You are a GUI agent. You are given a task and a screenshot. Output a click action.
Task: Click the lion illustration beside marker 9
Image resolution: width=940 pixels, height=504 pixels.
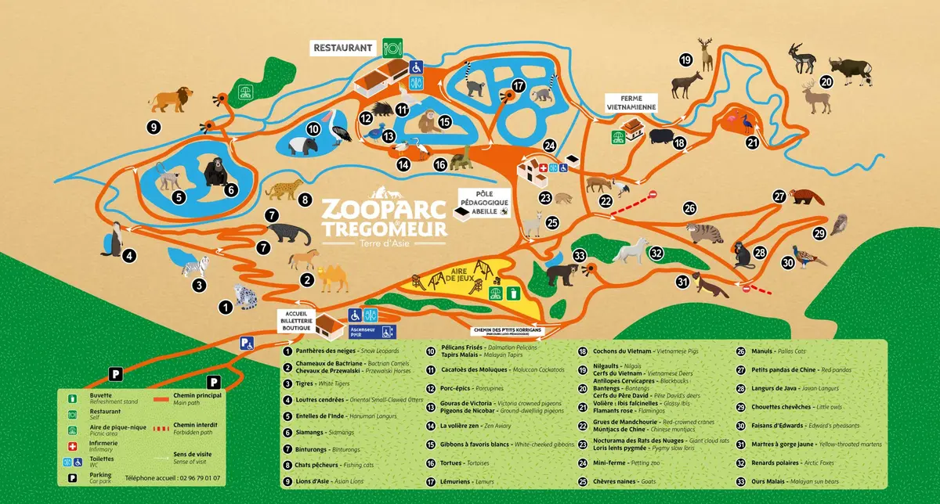pyautogui.click(x=171, y=99)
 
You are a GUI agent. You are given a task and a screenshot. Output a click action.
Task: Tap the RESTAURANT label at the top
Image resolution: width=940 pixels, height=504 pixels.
pyautogui.click(x=342, y=48)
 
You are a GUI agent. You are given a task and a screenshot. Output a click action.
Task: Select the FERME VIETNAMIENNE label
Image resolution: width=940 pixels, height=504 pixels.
pyautogui.click(x=631, y=102)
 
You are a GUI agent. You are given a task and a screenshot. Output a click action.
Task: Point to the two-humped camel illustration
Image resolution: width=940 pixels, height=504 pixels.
pyautogui.click(x=331, y=278)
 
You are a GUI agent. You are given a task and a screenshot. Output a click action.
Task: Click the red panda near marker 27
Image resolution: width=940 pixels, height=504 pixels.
pyautogui.click(x=806, y=196)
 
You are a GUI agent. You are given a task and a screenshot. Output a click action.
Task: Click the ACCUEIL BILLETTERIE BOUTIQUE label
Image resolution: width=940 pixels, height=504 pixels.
pyautogui.click(x=300, y=319)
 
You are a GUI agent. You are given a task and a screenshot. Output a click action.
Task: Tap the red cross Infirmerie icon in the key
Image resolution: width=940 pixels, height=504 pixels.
pyautogui.click(x=72, y=445)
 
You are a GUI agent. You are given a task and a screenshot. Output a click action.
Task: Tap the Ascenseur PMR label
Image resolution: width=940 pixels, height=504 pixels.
pyautogui.click(x=361, y=332)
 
